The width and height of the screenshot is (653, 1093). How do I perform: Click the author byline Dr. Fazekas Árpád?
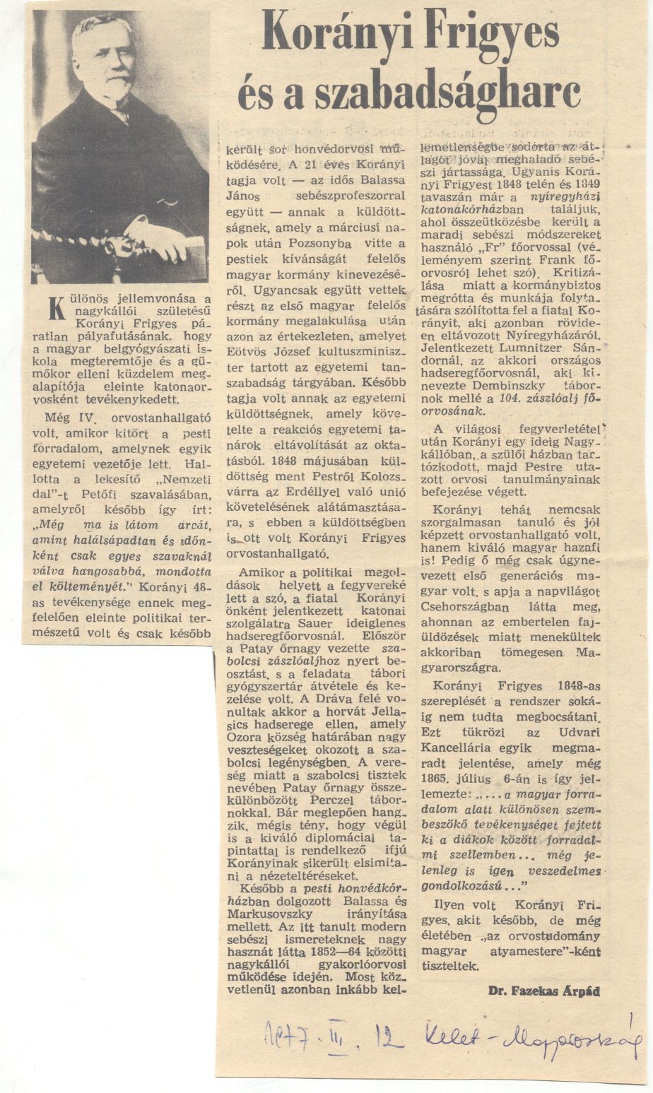[543, 991]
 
